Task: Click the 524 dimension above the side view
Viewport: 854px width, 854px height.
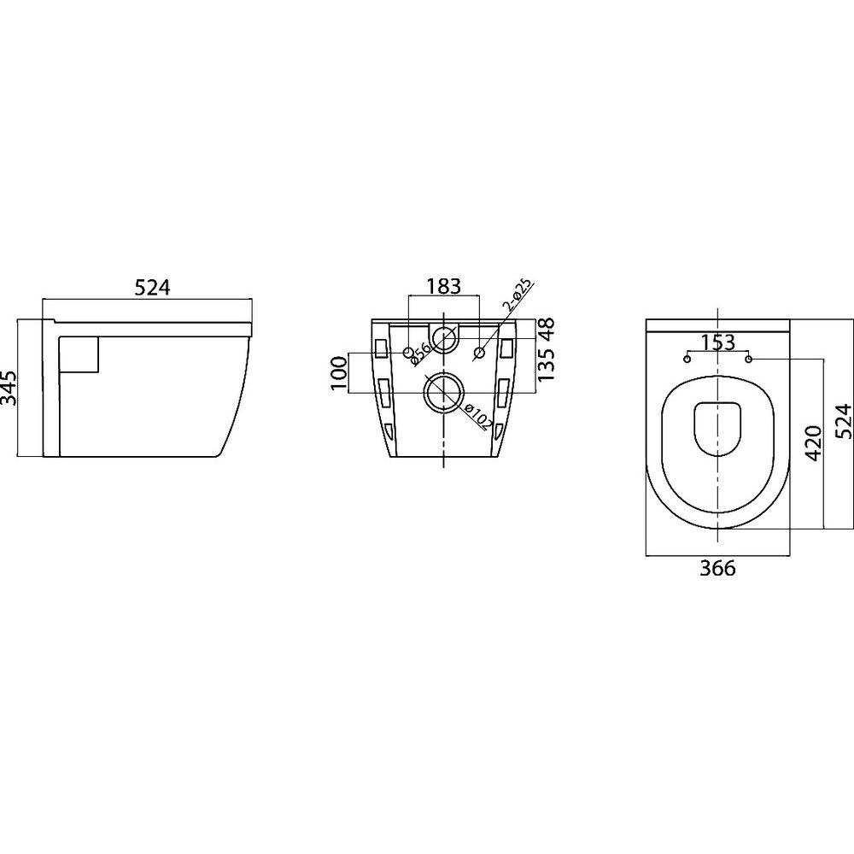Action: point(153,287)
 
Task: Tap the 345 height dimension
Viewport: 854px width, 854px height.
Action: point(9,389)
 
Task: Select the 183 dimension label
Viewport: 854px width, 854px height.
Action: point(444,286)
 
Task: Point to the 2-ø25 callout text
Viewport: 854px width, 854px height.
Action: point(519,297)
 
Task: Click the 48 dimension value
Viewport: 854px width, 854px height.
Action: point(547,329)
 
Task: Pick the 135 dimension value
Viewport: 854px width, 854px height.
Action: point(547,364)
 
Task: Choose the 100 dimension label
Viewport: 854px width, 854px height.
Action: point(339,373)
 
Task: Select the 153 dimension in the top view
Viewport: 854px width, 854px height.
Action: point(717,342)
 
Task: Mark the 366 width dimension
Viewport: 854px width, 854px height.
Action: point(717,568)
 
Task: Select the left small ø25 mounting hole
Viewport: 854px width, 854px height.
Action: point(408,354)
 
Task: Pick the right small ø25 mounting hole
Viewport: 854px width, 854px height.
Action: point(479,354)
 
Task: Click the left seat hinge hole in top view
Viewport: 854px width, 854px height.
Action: point(687,359)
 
